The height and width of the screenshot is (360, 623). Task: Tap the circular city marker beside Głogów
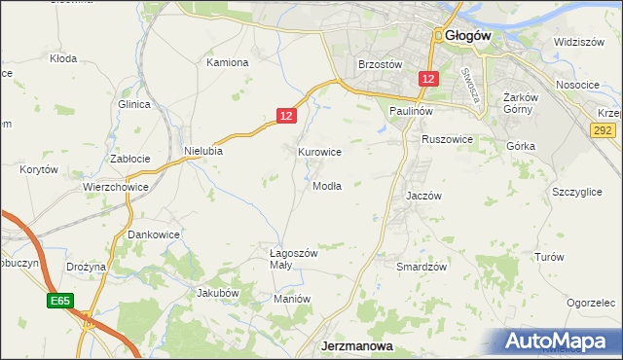[440, 35]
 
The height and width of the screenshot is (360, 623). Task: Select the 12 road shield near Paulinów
[429, 78]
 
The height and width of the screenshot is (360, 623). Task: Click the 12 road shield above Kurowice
[285, 116]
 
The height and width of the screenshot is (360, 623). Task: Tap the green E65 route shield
[59, 303]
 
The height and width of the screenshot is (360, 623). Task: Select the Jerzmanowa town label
[356, 345]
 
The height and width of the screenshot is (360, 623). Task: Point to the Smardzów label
[421, 266]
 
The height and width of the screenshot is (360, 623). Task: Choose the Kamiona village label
[228, 62]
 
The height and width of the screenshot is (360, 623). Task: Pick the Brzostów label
[381, 64]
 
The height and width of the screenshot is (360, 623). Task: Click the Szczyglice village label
[577, 193]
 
